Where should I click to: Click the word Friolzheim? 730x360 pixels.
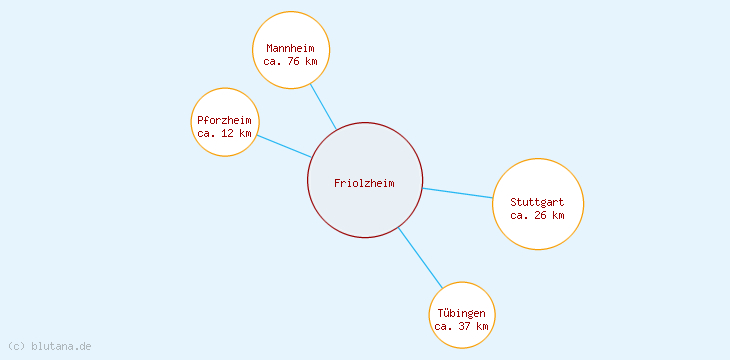(365, 183)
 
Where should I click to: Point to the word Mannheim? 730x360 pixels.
(291, 48)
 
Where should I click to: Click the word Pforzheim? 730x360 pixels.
(225, 120)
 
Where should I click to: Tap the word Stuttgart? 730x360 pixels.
(537, 202)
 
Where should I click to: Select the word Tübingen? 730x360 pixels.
(462, 313)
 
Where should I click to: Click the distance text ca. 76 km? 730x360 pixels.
(291, 61)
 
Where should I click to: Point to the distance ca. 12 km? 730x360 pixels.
(225, 133)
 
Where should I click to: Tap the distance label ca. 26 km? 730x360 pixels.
(537, 215)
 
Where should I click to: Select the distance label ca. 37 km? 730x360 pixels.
(462, 326)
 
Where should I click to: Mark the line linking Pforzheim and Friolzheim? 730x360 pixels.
(284, 146)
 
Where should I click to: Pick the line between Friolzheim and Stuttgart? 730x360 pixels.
(458, 193)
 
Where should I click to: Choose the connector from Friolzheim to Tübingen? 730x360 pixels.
(420, 258)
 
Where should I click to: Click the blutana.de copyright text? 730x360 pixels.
(61, 346)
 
